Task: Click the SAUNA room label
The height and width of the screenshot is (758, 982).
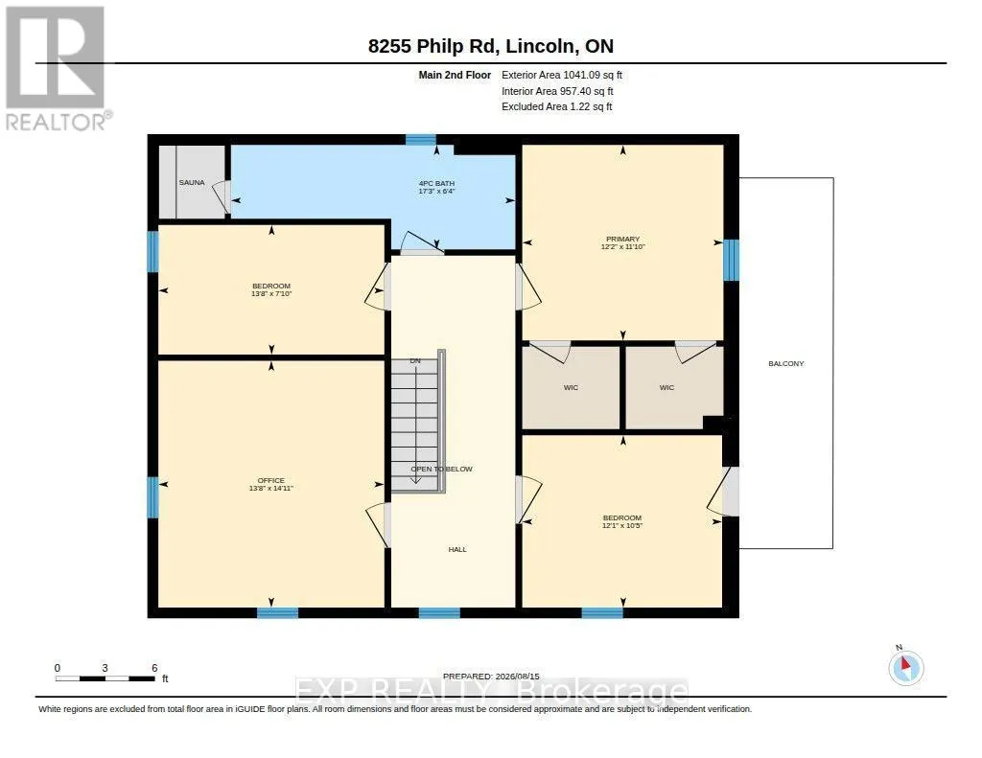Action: click(x=192, y=183)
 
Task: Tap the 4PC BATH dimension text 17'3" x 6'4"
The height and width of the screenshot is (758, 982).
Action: click(x=436, y=191)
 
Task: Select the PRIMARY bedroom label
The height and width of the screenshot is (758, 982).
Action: click(x=622, y=240)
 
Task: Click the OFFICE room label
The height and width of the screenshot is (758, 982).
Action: click(x=271, y=480)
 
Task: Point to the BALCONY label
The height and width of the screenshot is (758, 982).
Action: click(x=786, y=363)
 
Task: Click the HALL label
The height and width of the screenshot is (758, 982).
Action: click(x=457, y=549)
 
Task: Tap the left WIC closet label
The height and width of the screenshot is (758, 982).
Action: click(x=571, y=388)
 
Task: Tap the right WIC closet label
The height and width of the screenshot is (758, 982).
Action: click(x=666, y=388)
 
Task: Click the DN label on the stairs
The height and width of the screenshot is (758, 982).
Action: click(x=415, y=361)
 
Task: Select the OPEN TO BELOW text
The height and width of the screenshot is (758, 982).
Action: click(x=441, y=469)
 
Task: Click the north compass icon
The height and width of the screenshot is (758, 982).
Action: click(x=905, y=667)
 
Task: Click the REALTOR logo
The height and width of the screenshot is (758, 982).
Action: click(x=57, y=68)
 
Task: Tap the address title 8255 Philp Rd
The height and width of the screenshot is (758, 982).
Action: click(x=433, y=46)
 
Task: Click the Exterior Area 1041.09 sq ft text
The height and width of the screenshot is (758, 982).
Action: click(x=562, y=75)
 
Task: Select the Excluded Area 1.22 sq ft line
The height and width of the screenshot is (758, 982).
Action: click(x=557, y=107)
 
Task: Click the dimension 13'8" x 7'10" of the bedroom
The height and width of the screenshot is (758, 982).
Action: click(x=271, y=293)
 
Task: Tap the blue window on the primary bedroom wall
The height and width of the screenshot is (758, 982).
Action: click(x=731, y=260)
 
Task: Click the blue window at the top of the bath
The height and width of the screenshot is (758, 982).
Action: click(x=420, y=140)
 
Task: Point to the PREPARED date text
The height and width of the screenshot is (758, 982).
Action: click(x=491, y=677)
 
